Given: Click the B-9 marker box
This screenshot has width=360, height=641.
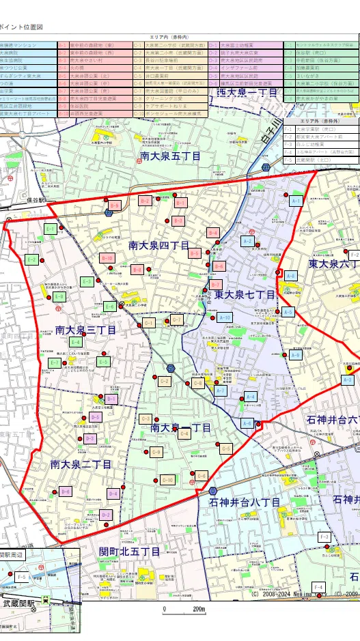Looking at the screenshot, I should tap(115, 205).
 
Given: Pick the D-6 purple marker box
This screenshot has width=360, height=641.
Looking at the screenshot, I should tap(66, 491).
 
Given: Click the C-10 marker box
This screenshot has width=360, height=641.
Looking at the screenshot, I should tap(167, 481).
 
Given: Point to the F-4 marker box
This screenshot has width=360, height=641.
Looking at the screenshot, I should tap(318, 587).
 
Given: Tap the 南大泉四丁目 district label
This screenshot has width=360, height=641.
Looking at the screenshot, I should tap(159, 244).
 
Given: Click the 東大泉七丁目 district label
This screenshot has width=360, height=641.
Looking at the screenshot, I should tap(245, 295).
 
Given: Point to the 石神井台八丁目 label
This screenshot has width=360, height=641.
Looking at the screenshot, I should tap(245, 502).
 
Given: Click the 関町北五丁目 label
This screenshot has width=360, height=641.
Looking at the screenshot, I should tap(130, 551).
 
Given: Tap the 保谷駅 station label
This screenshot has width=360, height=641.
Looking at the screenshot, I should tap(32, 201).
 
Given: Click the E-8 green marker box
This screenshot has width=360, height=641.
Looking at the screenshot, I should tap(59, 297).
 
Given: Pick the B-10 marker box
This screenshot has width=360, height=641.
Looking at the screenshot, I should tap(107, 258).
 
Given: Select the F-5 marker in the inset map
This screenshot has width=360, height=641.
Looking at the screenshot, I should tap(21, 578).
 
